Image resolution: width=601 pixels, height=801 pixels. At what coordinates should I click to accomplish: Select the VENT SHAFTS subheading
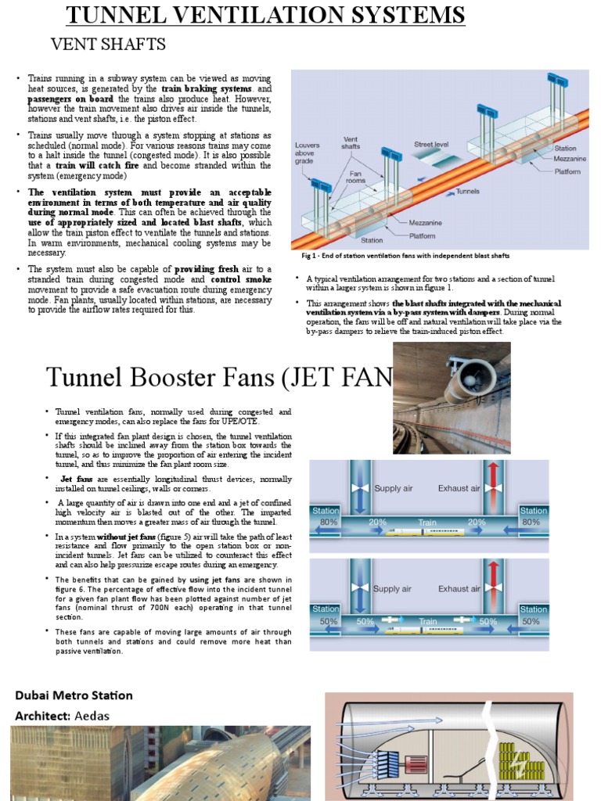[x=108, y=44]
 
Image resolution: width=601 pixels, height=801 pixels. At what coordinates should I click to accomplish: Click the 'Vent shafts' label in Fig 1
[x=351, y=143]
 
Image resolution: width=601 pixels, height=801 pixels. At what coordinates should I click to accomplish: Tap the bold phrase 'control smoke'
[x=241, y=279]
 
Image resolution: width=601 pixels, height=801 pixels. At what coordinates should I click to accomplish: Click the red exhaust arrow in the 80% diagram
[x=492, y=485]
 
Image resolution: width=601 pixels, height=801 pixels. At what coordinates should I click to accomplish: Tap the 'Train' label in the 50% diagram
[x=427, y=622]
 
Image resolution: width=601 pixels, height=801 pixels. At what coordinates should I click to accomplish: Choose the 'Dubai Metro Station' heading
[x=74, y=695]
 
